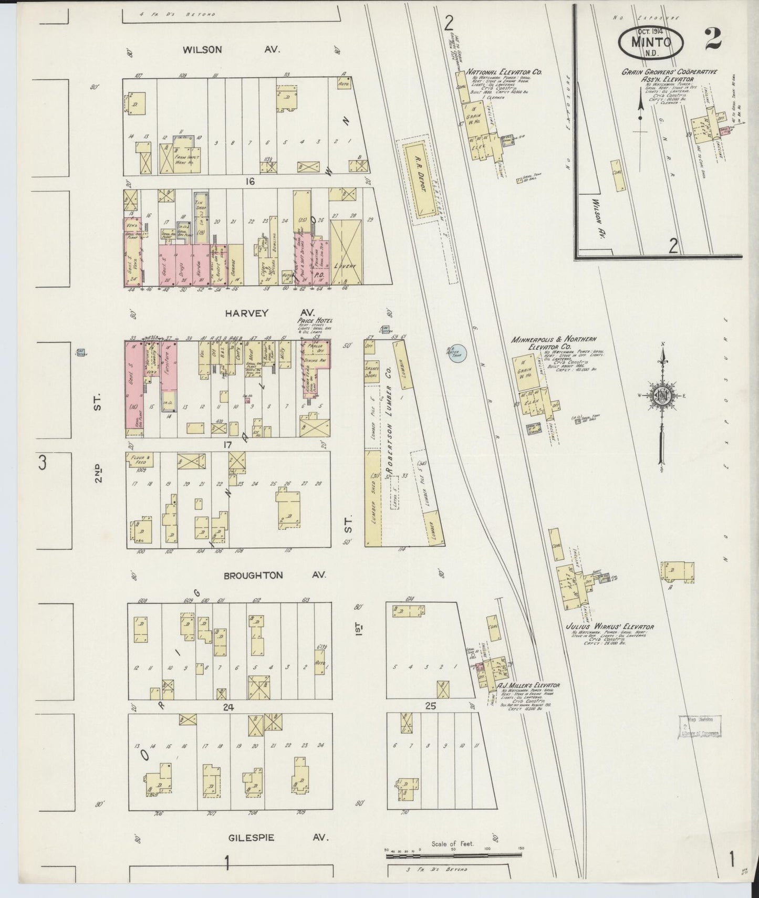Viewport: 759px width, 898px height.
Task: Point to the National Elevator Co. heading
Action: tap(504, 72)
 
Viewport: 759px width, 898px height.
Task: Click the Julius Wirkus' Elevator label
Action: tap(609, 626)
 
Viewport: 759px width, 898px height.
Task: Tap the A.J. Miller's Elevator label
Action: tap(528, 685)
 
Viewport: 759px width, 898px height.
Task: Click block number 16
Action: tap(249, 182)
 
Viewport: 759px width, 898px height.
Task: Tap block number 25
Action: tap(430, 706)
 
